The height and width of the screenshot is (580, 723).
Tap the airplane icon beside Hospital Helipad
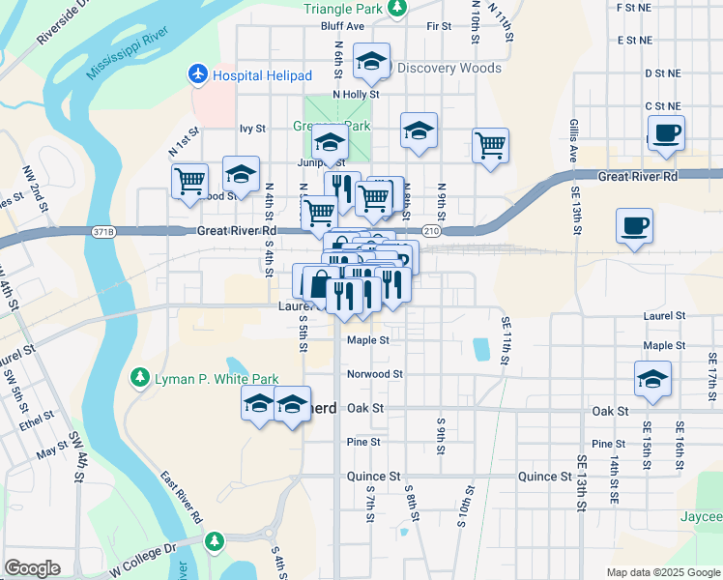click(198, 74)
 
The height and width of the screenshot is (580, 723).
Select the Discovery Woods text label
click(449, 69)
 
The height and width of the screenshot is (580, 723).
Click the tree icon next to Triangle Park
click(395, 8)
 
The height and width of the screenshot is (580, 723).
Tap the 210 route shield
click(431, 232)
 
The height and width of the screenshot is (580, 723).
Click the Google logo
click(32, 567)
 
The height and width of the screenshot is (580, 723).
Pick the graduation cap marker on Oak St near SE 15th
click(653, 379)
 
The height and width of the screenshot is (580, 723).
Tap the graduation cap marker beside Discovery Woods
click(370, 61)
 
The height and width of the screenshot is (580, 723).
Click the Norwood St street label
click(374, 374)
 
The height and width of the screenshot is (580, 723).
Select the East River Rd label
click(182, 498)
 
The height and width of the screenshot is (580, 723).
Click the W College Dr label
click(144, 562)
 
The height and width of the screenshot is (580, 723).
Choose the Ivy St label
click(252, 128)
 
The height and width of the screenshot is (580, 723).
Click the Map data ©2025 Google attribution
click(664, 571)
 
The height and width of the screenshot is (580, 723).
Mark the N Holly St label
click(355, 94)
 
